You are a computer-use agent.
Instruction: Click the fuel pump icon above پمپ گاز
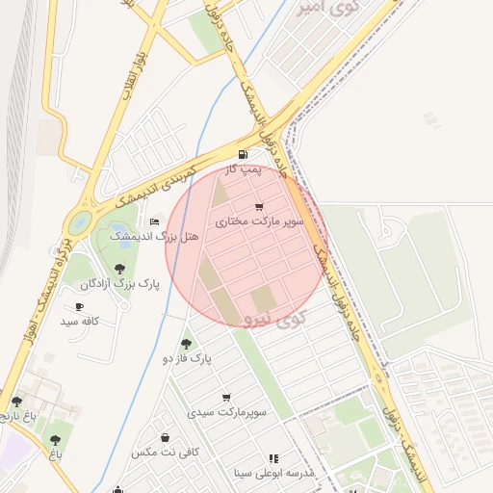[242, 154]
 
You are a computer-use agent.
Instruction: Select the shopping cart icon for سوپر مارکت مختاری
[258, 207]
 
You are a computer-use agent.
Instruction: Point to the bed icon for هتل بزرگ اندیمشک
[154, 222]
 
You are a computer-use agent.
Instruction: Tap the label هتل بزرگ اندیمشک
[153, 236]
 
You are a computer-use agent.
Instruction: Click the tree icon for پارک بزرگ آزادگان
[119, 269]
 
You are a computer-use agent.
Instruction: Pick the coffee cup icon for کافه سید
[79, 306]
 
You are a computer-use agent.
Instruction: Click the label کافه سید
[79, 321]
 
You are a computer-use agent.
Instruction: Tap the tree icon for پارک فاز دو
[186, 344]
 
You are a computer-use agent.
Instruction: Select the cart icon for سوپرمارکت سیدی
[226, 397]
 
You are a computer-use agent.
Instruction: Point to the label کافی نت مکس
[165, 452]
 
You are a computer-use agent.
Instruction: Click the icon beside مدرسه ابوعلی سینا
[273, 458]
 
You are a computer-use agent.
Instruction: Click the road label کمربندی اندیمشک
[155, 185]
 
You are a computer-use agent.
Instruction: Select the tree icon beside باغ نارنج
[16, 402]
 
